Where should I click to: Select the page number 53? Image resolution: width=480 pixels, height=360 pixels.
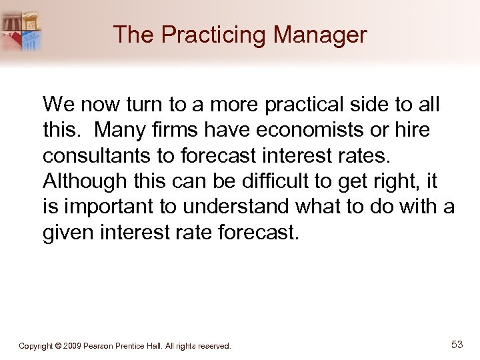457,344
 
